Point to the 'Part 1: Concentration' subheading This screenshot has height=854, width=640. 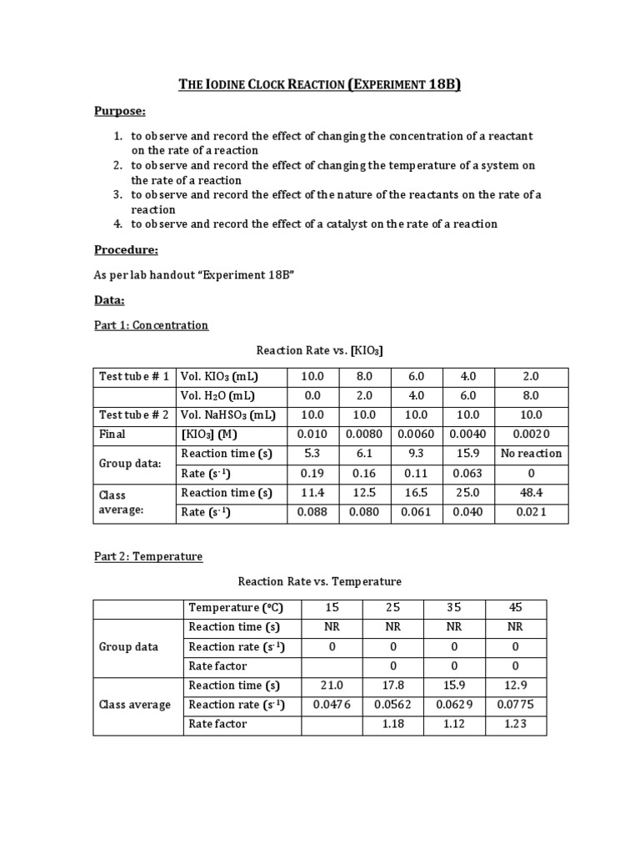[x=151, y=325]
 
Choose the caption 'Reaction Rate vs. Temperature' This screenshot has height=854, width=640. [x=320, y=581]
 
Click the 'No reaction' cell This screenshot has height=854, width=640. [x=532, y=454]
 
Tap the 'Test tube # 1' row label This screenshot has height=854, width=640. [x=133, y=376]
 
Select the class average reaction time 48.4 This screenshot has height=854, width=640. [x=532, y=493]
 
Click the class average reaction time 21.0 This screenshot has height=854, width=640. [x=332, y=686]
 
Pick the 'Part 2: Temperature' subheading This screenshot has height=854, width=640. [x=147, y=556]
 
